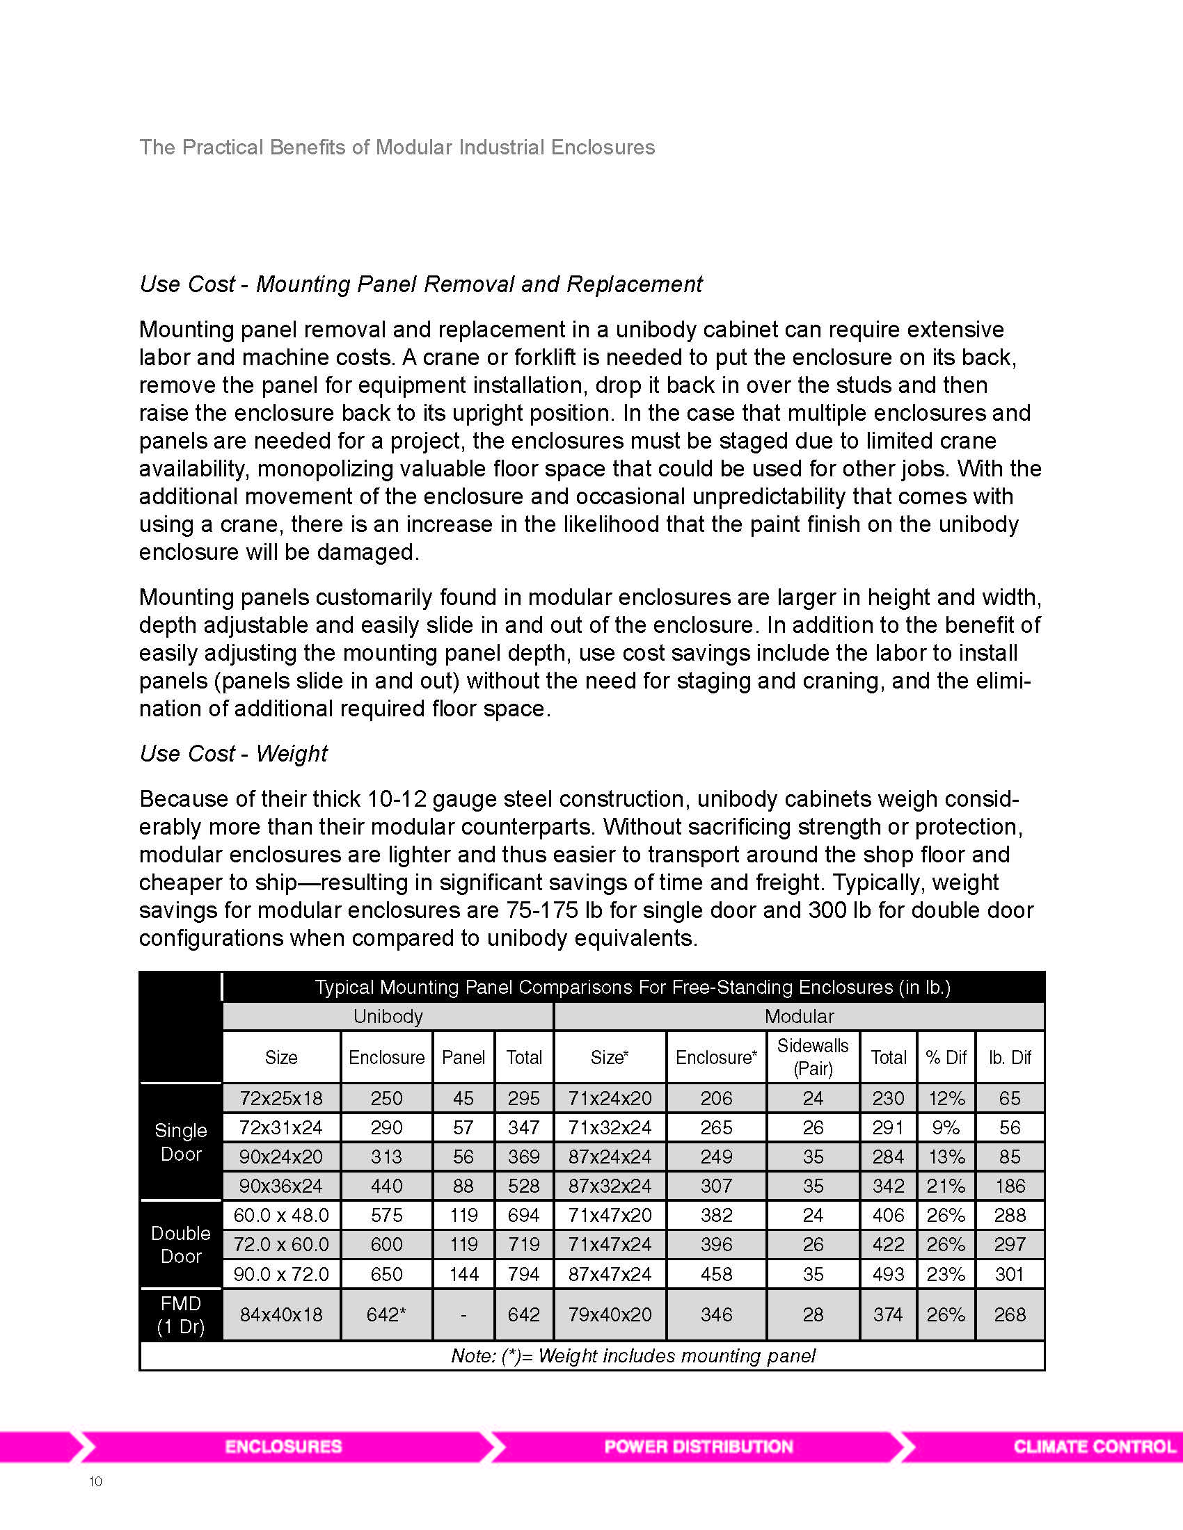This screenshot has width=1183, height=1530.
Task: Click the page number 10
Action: coord(95,1481)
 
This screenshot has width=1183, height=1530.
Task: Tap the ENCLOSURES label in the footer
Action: coord(283,1447)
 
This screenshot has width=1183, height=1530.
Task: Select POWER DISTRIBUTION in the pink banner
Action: coord(698,1447)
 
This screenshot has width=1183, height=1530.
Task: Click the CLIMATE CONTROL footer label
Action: coord(1094,1447)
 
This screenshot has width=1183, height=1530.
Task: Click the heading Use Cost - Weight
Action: coord(233,753)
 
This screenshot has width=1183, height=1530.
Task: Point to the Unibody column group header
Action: coord(388,1016)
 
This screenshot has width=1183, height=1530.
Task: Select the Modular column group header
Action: coord(799,1016)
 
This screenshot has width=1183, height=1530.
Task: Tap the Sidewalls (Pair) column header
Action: coord(812,1057)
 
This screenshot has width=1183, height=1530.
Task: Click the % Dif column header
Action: coord(946,1057)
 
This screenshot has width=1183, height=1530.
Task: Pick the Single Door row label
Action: coord(181,1142)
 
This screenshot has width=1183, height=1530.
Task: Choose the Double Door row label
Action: coord(181,1244)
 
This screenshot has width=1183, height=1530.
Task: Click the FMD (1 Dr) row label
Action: coord(181,1314)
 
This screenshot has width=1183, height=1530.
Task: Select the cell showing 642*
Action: coord(386,1314)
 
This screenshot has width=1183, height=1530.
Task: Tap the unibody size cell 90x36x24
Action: coord(280,1186)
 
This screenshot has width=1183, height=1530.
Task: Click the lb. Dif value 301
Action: coord(1009,1273)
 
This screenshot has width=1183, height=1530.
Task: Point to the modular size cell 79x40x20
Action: coord(610,1314)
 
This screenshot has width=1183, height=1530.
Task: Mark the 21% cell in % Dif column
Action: coord(946,1186)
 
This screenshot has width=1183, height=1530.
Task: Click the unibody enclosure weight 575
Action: coord(386,1215)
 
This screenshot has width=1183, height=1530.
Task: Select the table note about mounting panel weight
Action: coord(633,1355)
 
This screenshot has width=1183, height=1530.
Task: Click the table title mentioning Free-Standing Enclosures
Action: coord(633,987)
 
